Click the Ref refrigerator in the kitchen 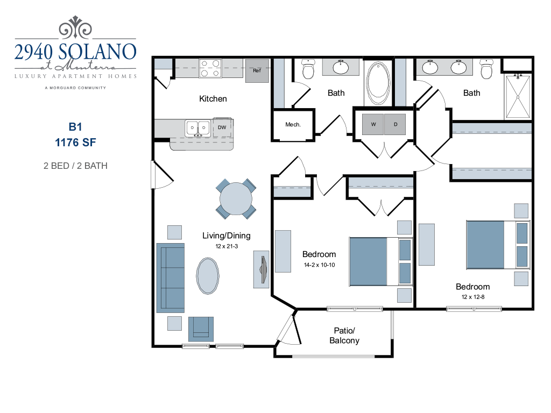pos(257,71)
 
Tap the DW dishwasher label pos(222,127)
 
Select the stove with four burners pos(210,68)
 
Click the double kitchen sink pos(198,129)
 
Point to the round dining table pos(236,198)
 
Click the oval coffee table pos(208,275)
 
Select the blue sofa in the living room pos(170,277)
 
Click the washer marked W pos(373,124)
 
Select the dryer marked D pos(395,124)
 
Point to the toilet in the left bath pos(308,70)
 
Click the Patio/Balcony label pos(344,335)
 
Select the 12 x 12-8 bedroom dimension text pos(473,297)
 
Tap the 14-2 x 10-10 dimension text pos(319,265)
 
